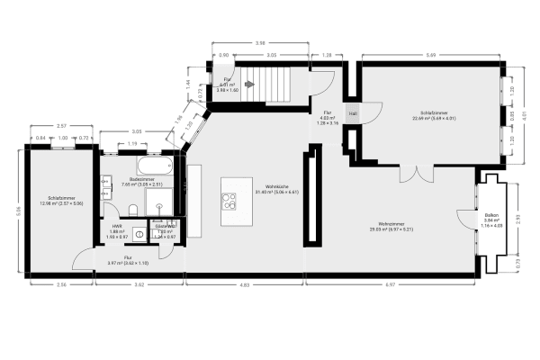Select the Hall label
coord(353,114)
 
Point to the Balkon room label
coord(491,219)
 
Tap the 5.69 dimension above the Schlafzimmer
coord(432,55)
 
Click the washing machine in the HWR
coord(140,235)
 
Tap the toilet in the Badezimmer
coord(132,211)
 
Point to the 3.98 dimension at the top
coord(259,42)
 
